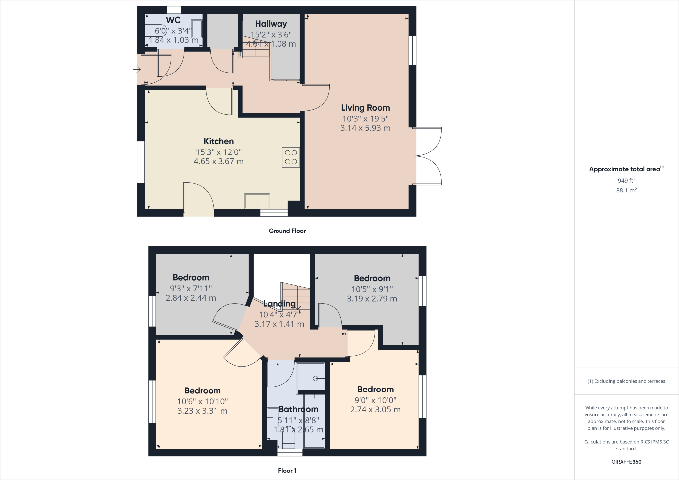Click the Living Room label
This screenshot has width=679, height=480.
(365, 108)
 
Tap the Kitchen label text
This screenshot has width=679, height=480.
(218, 141)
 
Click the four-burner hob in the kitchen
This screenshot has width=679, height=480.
(291, 157)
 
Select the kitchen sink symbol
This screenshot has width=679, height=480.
(257, 201)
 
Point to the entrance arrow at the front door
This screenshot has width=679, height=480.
(137, 70)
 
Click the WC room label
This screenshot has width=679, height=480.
(173, 20)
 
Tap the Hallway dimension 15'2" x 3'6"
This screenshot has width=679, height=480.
(271, 34)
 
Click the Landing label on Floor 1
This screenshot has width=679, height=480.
(279, 304)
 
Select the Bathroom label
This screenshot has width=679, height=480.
(298, 409)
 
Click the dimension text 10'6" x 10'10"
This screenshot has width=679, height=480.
(202, 401)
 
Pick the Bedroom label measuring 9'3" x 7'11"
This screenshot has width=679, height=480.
(191, 278)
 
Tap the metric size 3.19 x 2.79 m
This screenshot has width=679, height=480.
(372, 299)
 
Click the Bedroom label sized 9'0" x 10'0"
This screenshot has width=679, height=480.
(375, 390)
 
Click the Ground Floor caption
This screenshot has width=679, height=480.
(287, 231)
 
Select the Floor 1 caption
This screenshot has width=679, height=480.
(287, 471)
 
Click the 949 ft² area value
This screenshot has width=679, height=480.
(626, 181)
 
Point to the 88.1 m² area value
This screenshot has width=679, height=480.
(626, 190)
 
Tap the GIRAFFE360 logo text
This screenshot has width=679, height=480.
(626, 462)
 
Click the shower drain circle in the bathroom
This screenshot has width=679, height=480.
(315, 379)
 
